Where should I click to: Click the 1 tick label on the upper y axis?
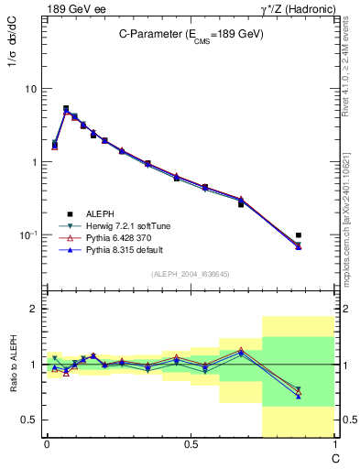[33, 162]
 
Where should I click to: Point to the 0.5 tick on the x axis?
[191, 444]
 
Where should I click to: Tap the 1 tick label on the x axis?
[334, 444]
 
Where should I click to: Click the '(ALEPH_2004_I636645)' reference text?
[191, 274]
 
